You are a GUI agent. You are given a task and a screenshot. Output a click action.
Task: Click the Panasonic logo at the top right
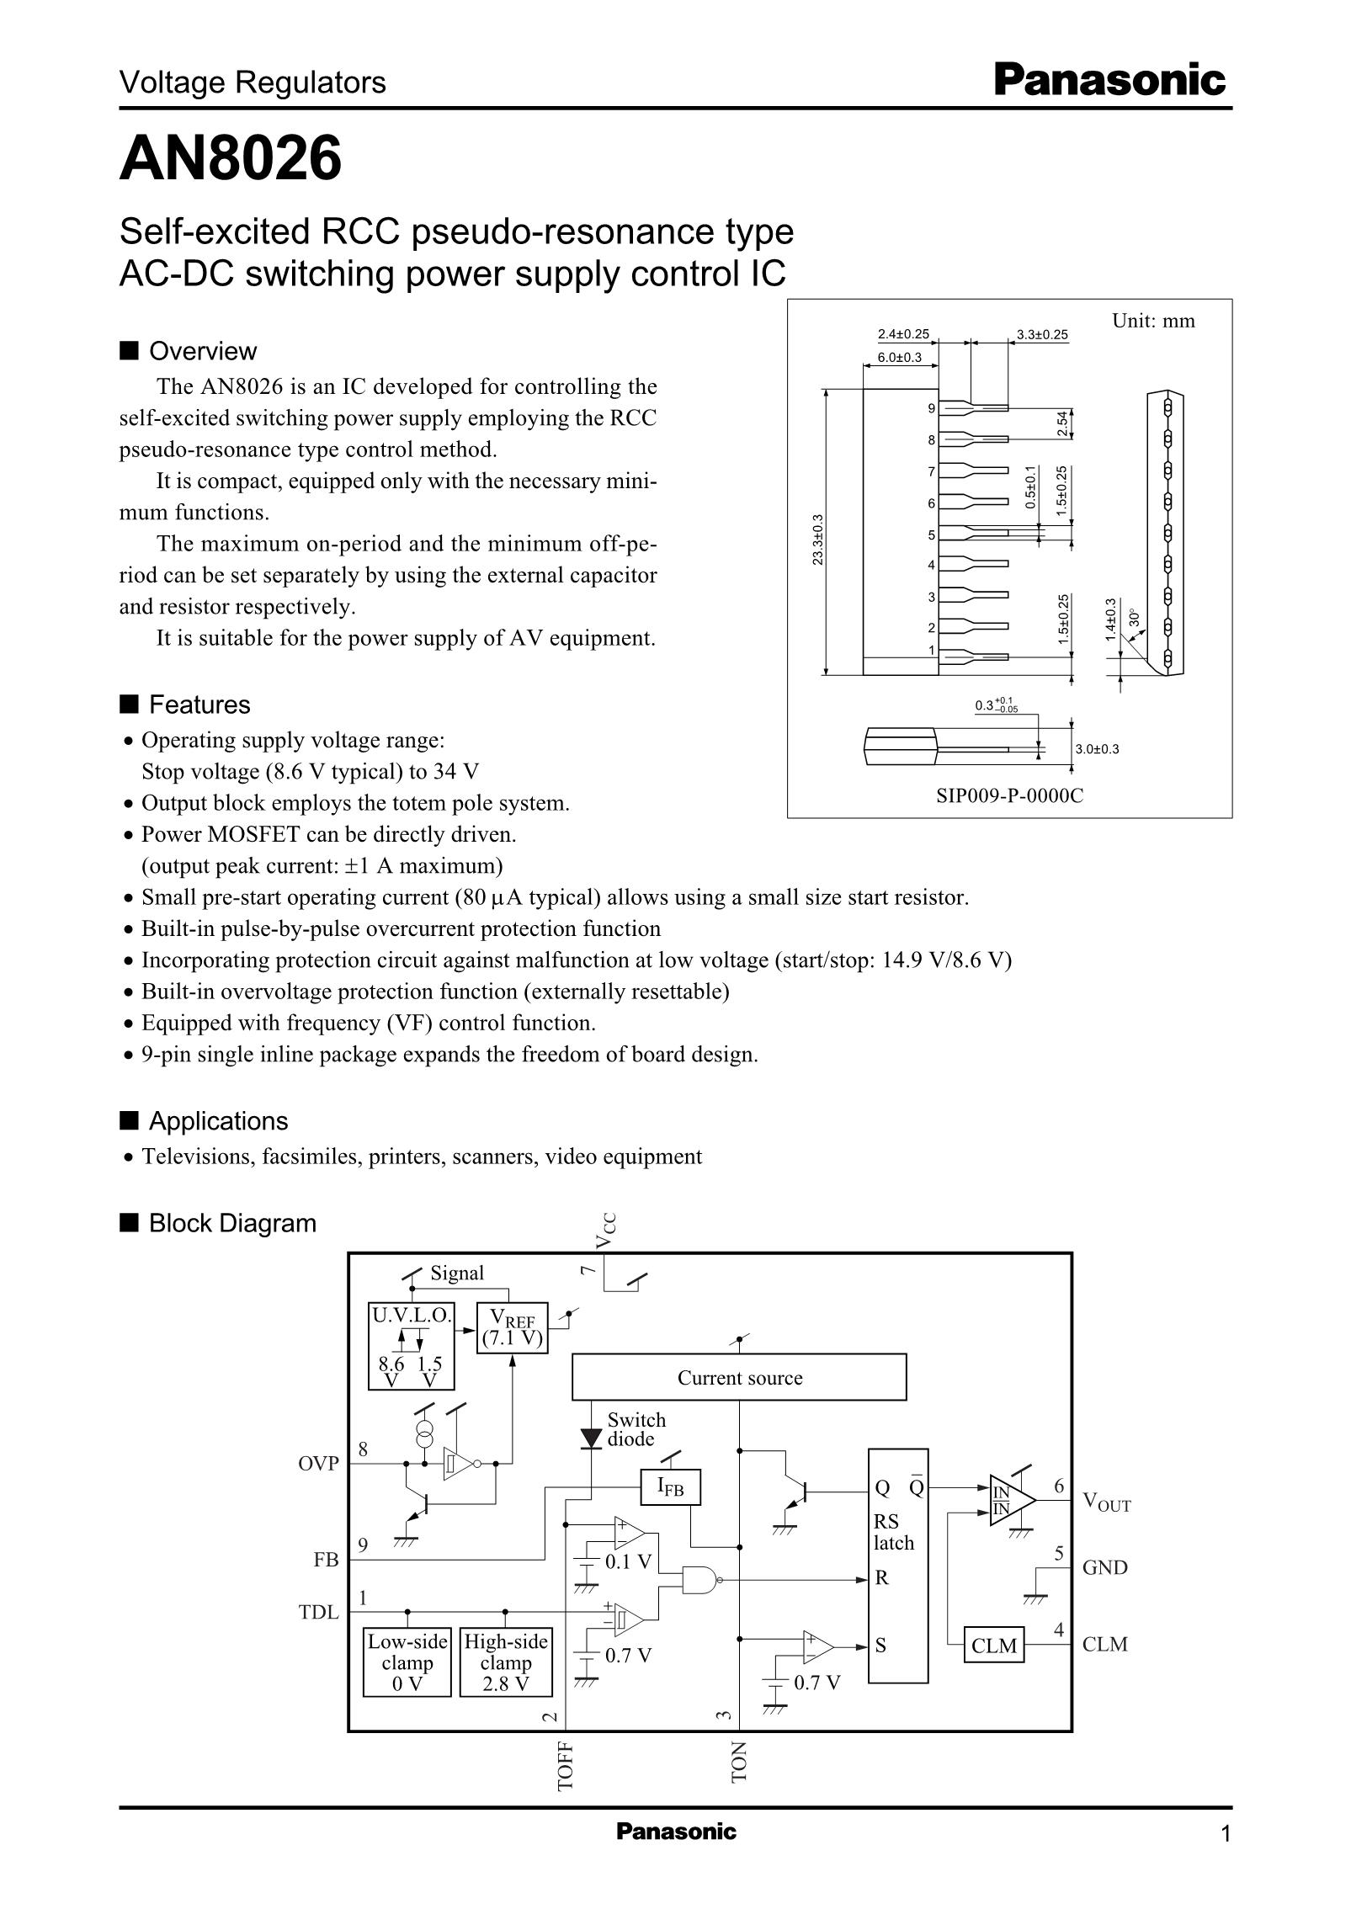(1109, 82)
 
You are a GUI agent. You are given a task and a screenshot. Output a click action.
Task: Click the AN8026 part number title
(231, 158)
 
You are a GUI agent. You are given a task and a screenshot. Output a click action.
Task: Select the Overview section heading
(202, 351)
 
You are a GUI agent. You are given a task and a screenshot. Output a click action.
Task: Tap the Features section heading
(199, 705)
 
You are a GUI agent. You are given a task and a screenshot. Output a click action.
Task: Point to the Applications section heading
(217, 1121)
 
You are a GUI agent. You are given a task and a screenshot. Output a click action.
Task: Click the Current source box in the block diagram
(739, 1378)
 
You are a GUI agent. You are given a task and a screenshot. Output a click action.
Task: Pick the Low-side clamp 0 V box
(407, 1663)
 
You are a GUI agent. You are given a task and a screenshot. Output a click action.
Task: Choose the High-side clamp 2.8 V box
(506, 1663)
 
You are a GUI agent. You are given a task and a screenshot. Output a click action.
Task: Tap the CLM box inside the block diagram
(994, 1646)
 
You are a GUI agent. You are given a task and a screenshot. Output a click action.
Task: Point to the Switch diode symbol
(593, 1438)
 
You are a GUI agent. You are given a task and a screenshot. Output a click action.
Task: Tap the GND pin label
(1104, 1567)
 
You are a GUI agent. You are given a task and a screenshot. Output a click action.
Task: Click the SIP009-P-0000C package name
(1009, 795)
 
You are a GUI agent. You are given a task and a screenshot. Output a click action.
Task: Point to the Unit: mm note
(1153, 321)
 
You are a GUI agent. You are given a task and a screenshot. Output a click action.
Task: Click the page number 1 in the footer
(1226, 1833)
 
